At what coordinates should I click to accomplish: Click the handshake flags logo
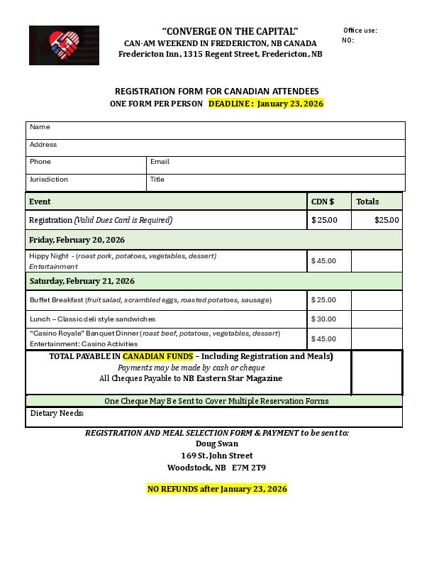[x=64, y=45]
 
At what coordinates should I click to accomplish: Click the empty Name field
[x=227, y=131]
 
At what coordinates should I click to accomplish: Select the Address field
[x=227, y=148]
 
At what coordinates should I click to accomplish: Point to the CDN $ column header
[x=323, y=202]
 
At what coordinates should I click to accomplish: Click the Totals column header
[x=367, y=202]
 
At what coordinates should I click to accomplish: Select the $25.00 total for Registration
[x=386, y=220]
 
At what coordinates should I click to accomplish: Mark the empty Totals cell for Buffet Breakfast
[x=377, y=300]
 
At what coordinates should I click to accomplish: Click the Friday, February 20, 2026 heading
[x=77, y=240]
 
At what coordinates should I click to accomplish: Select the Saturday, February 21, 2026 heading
[x=82, y=281]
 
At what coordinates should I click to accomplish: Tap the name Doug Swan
[x=217, y=443]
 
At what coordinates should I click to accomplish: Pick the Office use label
[x=360, y=31]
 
